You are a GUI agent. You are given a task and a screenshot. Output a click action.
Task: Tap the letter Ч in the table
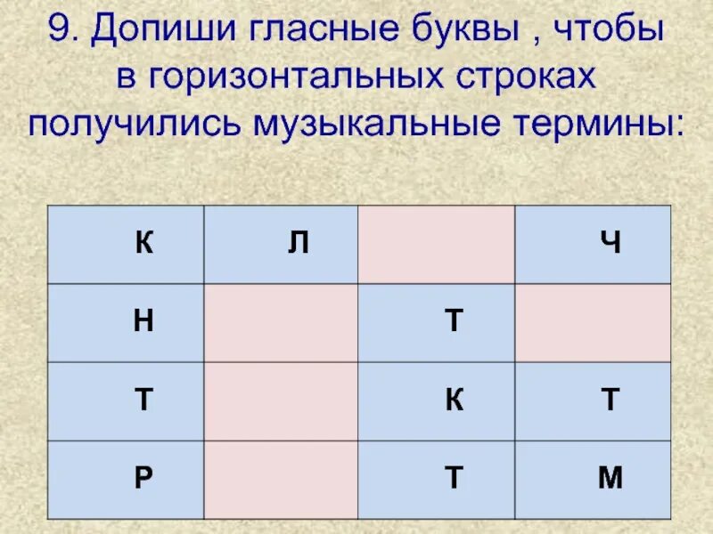(x=611, y=244)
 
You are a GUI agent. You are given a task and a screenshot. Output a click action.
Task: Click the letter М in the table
(x=611, y=479)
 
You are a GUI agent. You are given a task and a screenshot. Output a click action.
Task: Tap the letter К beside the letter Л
(x=143, y=244)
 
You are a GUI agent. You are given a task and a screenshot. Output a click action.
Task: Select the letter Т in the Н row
(x=454, y=322)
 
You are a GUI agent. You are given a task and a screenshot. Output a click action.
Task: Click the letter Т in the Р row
(x=454, y=479)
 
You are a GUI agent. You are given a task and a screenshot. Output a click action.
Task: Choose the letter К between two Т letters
(x=454, y=400)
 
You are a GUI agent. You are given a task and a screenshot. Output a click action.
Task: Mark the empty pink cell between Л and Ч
(x=436, y=244)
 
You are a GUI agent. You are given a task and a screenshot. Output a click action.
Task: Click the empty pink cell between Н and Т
(x=281, y=322)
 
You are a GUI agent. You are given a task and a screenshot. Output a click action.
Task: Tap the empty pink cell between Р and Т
(x=281, y=479)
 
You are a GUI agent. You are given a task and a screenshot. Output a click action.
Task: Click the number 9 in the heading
(x=60, y=33)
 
